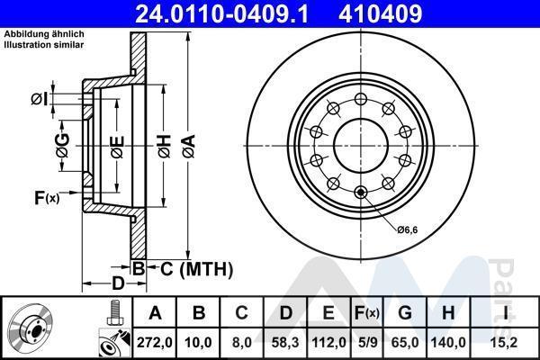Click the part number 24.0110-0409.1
click(221, 13)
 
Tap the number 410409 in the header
click(381, 13)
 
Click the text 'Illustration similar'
click(44, 45)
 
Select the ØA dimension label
click(189, 146)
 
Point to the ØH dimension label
click(165, 146)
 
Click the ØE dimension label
click(117, 147)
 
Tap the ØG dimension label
click(63, 146)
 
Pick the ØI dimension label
click(39, 99)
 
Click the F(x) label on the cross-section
click(47, 198)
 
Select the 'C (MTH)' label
click(196, 269)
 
